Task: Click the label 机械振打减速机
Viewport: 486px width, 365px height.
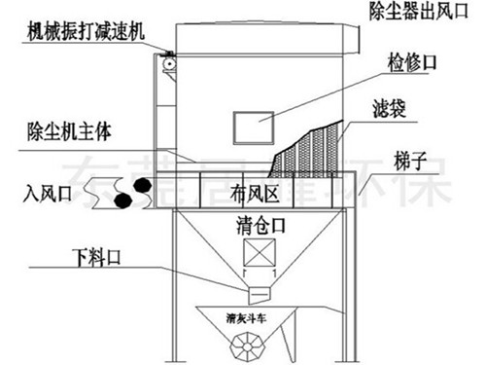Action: coord(86,30)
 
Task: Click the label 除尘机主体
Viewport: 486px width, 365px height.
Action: coord(56,128)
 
